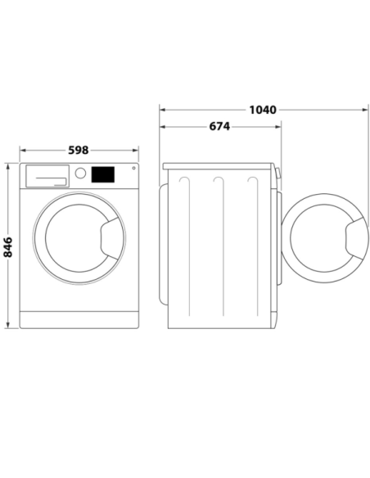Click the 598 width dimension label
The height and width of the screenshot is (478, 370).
(x=79, y=150)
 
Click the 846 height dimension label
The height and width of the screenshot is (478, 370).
(x=8, y=247)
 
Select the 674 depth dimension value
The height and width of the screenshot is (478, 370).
(x=219, y=126)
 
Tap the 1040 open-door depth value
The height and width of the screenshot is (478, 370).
(x=263, y=110)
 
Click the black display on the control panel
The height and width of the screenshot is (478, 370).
(x=103, y=174)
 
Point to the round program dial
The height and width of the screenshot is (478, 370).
(x=80, y=174)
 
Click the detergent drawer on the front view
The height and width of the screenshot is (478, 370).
(x=47, y=176)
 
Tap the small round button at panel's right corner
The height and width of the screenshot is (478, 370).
(x=133, y=168)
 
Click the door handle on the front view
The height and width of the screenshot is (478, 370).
(x=109, y=238)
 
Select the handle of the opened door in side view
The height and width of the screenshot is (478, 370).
(x=356, y=238)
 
